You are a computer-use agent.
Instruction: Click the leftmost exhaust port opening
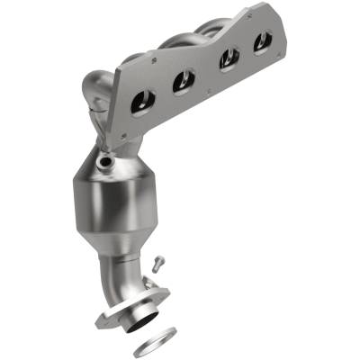[142, 102]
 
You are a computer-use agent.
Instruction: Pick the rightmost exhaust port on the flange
[262, 41]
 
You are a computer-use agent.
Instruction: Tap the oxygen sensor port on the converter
[108, 163]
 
